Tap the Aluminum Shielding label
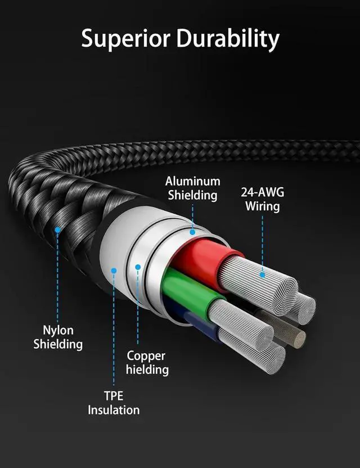pyautogui.click(x=192, y=188)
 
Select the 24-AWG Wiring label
pyautogui.click(x=263, y=199)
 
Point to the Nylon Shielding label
pyautogui.click(x=58, y=337)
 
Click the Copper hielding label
pyautogui.click(x=146, y=362)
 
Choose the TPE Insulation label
pyautogui.click(x=114, y=403)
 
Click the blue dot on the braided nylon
pyautogui.click(x=57, y=229)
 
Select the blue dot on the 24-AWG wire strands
pyautogui.click(x=262, y=275)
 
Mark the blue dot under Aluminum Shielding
pyautogui.click(x=192, y=231)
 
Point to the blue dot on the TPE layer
pyautogui.click(x=114, y=271)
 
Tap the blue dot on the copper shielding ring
pyautogui.click(x=137, y=267)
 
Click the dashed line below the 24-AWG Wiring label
pyautogui.click(x=262, y=242)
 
